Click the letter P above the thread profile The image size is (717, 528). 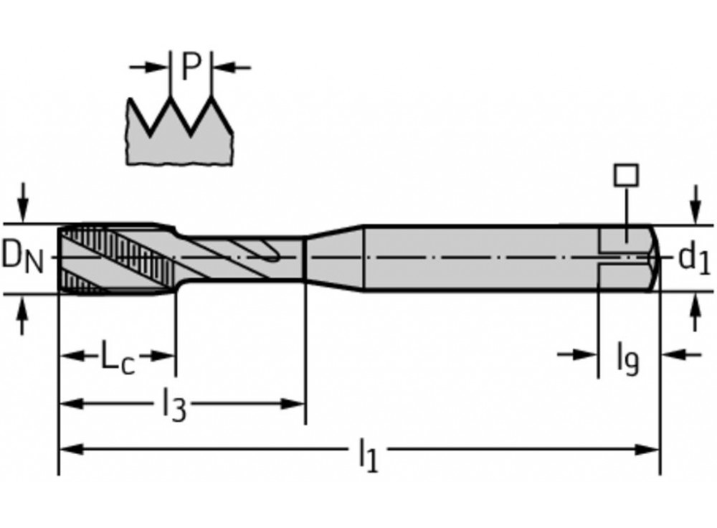[x=190, y=67]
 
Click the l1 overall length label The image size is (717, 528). [x=367, y=453]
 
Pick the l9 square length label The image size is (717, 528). [x=627, y=357]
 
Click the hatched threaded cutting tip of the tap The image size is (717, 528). [x=115, y=258]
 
